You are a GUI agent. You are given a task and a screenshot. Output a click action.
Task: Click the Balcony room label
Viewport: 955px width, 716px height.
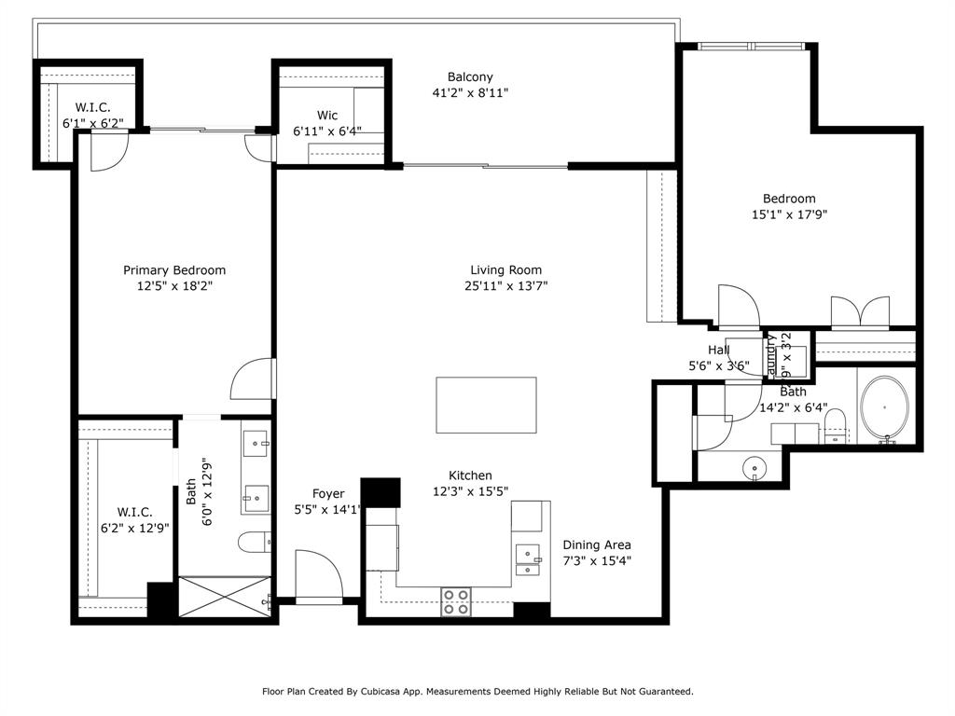[x=470, y=77]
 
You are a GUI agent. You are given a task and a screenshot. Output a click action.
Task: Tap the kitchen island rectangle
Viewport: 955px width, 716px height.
[x=486, y=405]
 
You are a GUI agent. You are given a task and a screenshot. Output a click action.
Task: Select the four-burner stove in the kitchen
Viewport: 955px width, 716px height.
[x=455, y=601]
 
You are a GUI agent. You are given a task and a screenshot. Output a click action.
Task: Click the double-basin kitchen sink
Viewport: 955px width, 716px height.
[x=528, y=558]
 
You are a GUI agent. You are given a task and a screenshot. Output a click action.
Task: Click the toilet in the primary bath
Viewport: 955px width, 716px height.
[x=255, y=541]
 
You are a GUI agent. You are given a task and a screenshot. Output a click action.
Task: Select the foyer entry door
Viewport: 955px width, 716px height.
[x=318, y=578]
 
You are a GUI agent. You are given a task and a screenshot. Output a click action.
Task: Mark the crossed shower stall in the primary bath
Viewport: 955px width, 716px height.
[x=223, y=598]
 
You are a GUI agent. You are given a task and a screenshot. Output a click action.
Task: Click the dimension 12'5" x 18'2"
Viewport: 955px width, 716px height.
[x=174, y=286]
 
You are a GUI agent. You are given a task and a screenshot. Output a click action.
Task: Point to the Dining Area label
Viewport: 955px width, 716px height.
[x=597, y=544]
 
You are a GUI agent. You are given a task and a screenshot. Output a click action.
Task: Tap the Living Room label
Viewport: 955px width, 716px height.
[x=505, y=270]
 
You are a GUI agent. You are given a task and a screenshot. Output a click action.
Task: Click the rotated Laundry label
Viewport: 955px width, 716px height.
[x=771, y=353]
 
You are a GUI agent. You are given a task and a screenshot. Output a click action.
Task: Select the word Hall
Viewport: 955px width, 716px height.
[x=718, y=350]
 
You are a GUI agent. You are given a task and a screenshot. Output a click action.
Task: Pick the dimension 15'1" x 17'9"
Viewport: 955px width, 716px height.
[x=789, y=213]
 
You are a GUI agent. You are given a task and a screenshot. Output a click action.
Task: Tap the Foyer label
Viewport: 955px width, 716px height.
[x=327, y=493]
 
